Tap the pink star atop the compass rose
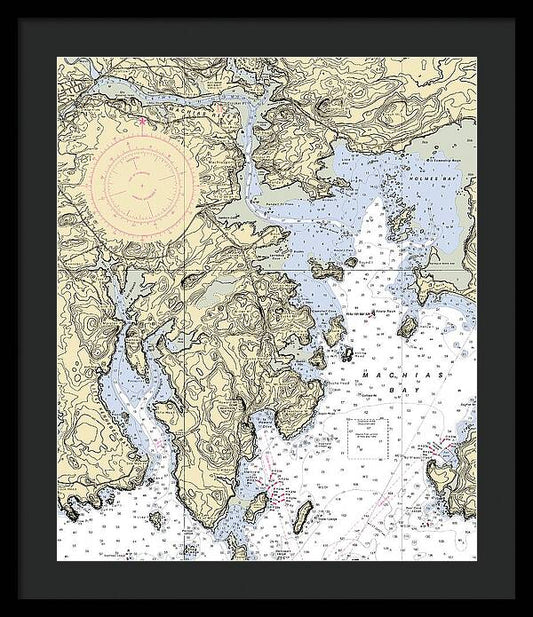point(143,122)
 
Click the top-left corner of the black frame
point(18,18)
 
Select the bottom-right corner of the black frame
point(515,599)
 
